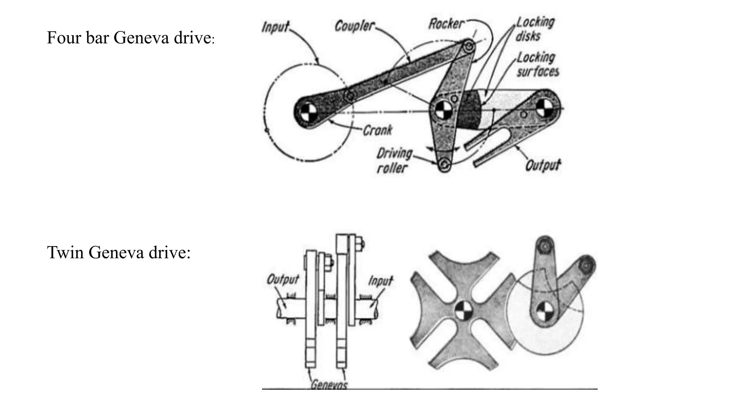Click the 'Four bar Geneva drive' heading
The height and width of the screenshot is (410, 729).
point(130,38)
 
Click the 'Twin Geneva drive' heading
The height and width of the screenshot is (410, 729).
point(119,253)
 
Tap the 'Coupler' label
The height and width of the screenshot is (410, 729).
point(355,26)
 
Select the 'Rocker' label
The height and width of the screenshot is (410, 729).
point(446,24)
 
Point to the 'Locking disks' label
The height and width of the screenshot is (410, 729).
point(535,29)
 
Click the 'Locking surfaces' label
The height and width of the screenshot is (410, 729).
point(537,65)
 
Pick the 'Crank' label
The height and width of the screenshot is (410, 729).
point(377,130)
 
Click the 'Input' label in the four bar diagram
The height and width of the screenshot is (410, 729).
point(276,27)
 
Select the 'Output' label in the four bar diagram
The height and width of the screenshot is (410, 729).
point(543,165)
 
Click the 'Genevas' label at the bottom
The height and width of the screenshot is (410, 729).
point(329,385)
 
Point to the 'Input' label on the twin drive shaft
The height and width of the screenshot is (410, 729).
point(380,281)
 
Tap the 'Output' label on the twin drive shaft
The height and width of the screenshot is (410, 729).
point(283,279)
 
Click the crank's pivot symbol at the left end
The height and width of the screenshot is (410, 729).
point(306,114)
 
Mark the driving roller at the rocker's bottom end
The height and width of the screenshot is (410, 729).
point(444,164)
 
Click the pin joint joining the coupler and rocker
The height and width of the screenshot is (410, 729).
point(469,46)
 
